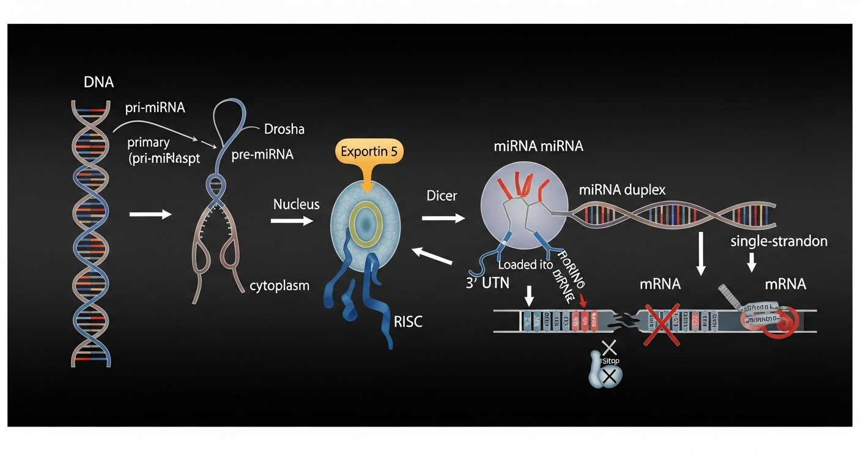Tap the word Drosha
(284, 129)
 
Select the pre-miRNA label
(262, 155)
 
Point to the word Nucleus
(296, 204)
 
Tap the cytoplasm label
(279, 285)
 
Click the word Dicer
(442, 196)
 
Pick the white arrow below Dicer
(443, 218)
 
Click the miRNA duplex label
(622, 190)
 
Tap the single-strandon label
(778, 241)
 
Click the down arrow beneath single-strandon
(752, 263)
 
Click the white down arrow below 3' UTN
(530, 297)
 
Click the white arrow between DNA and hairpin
(150, 214)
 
